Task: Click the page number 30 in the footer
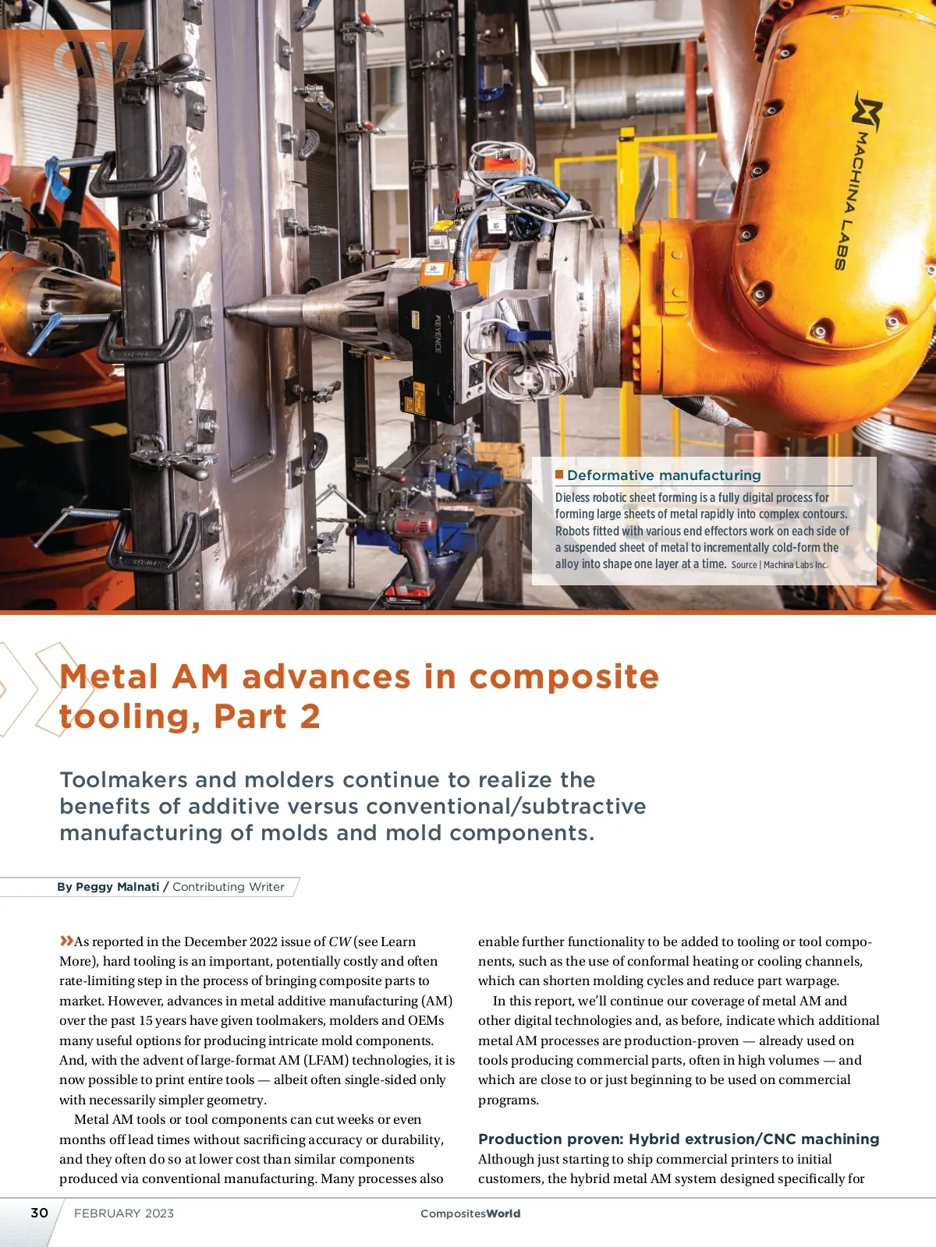[x=39, y=1213]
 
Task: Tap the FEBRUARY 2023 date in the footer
[x=124, y=1213]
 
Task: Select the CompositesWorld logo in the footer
[x=470, y=1213]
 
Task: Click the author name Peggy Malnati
[x=117, y=887]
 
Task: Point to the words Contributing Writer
[x=229, y=887]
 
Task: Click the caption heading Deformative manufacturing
[x=664, y=475]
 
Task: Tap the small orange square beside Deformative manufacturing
[x=559, y=475]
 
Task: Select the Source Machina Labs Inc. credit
[x=779, y=565]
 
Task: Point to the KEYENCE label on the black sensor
[x=438, y=334]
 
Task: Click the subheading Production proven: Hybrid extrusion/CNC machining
[x=679, y=1139]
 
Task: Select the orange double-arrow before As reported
[x=66, y=941]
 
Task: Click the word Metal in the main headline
[x=109, y=676]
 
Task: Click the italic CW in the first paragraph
[x=339, y=941]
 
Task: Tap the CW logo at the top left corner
[x=90, y=58]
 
